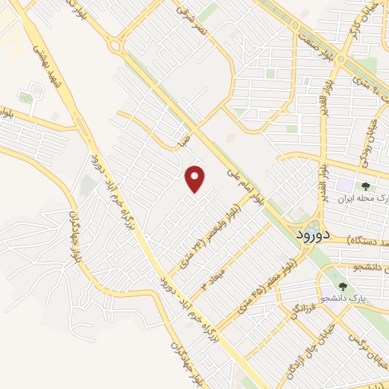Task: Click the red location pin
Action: tap(196, 179)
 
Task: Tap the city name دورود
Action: tap(311, 236)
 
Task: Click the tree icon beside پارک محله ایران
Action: tap(366, 185)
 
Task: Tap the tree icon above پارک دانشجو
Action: tap(343, 286)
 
